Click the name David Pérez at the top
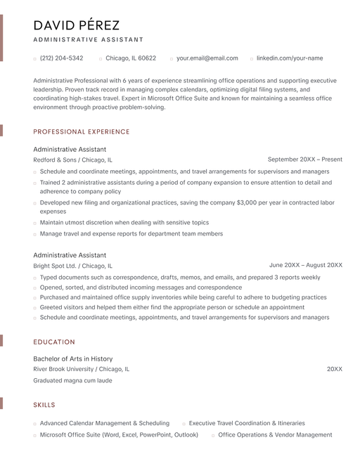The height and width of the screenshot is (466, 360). tap(76, 25)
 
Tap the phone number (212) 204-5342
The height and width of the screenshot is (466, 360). tap(61, 58)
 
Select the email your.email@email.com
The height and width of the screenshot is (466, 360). tap(207, 58)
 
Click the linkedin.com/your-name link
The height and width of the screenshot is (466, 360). tap(289, 58)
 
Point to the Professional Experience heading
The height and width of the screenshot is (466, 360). tap(82, 131)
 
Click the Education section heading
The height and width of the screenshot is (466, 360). tap(54, 342)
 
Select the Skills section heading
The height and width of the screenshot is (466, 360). tap(44, 405)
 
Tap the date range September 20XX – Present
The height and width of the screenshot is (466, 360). tap(305, 160)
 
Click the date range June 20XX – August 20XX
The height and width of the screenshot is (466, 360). tap(306, 265)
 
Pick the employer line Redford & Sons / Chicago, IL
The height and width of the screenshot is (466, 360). tap(72, 160)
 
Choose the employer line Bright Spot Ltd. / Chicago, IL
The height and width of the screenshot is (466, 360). tap(72, 266)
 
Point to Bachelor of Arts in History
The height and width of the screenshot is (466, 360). tap(72, 358)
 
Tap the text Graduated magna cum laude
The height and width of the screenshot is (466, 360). tap(72, 380)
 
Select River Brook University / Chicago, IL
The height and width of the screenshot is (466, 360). tap(81, 369)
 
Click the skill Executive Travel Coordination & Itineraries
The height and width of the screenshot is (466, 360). tap(247, 423)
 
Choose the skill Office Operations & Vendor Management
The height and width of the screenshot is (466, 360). tap(275, 434)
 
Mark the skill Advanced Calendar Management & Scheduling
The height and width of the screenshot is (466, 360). tap(104, 423)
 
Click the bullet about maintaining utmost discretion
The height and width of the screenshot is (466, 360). tap(124, 223)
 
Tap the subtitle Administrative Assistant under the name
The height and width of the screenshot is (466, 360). tap(88, 40)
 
